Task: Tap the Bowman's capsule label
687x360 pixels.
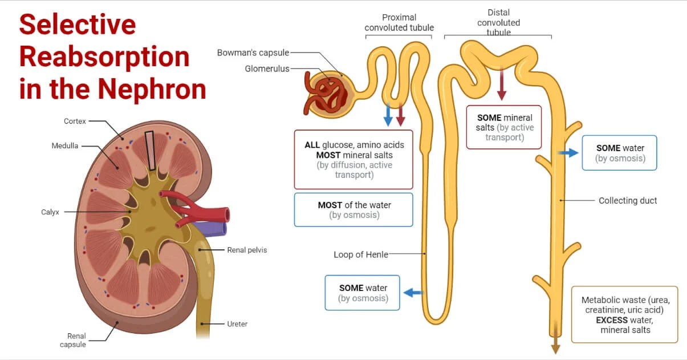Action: coord(253,53)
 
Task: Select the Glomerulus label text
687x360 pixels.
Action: coord(267,69)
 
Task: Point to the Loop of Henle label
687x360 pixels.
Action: coord(360,254)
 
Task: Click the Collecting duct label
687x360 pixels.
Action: coord(628,201)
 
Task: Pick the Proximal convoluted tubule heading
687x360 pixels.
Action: coord(399,23)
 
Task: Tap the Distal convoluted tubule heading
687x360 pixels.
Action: coord(498,22)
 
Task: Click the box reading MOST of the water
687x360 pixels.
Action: coord(353,210)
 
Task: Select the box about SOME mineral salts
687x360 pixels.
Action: coord(504,127)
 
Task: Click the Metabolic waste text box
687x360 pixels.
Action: coord(624,314)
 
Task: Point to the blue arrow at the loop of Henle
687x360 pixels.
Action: coord(413,293)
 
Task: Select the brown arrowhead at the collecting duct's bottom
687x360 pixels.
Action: coord(555,349)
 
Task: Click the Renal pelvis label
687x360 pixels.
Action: coord(247,250)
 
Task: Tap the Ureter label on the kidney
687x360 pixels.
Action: coord(237,324)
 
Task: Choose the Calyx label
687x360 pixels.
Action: coord(50,212)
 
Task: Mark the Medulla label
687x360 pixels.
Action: coord(65,146)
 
